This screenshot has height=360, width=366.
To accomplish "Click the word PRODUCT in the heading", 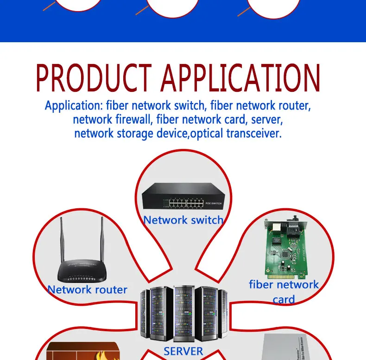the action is click(x=94, y=77).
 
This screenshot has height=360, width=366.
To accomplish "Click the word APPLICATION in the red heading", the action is click(x=240, y=77).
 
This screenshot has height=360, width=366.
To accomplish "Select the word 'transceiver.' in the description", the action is click(x=254, y=133).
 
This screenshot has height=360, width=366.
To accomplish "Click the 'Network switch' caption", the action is click(x=183, y=220).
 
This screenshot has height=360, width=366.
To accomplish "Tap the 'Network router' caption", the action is click(x=87, y=289).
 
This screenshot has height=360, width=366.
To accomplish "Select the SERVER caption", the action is click(x=183, y=351).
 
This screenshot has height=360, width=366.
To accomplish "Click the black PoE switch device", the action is click(x=183, y=196).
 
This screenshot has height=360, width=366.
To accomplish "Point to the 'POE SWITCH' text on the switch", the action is click(x=214, y=203).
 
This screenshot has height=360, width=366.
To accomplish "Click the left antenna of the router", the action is click(x=62, y=240).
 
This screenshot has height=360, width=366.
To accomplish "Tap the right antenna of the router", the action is click(x=102, y=240).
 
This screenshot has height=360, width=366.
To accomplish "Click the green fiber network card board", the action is click(x=286, y=249).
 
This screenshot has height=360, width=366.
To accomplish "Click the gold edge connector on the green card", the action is click(x=286, y=276).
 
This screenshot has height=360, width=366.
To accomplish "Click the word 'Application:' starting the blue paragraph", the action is click(x=74, y=106).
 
